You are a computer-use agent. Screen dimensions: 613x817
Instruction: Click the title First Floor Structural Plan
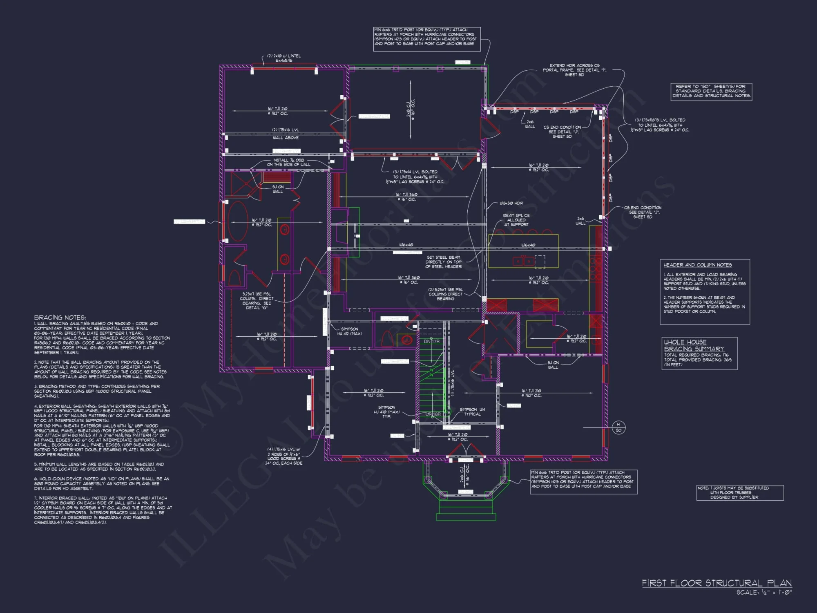(717, 583)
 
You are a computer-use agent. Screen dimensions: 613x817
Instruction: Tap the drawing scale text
(764, 592)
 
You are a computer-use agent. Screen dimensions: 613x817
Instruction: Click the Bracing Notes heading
(60, 318)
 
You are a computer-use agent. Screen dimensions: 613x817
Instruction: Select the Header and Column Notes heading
(697, 265)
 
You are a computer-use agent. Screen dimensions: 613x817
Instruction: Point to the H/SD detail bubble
(618, 427)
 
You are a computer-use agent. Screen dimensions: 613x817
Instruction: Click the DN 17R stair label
(431, 341)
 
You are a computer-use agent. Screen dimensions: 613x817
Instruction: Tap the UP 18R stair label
(433, 414)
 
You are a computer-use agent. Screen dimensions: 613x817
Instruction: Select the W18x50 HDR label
(511, 203)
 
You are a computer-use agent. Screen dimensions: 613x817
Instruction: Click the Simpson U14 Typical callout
(472, 412)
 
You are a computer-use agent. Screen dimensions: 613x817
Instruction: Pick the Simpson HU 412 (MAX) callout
(349, 331)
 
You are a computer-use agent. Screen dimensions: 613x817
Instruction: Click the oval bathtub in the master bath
(238, 222)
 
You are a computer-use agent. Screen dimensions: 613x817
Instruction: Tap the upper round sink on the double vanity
(284, 230)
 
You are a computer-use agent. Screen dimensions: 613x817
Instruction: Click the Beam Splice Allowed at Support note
(516, 220)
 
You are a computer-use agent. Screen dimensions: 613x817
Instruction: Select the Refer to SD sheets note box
(711, 91)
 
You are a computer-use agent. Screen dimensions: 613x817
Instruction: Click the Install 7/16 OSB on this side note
(288, 162)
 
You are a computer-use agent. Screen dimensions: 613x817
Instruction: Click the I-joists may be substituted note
(739, 492)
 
